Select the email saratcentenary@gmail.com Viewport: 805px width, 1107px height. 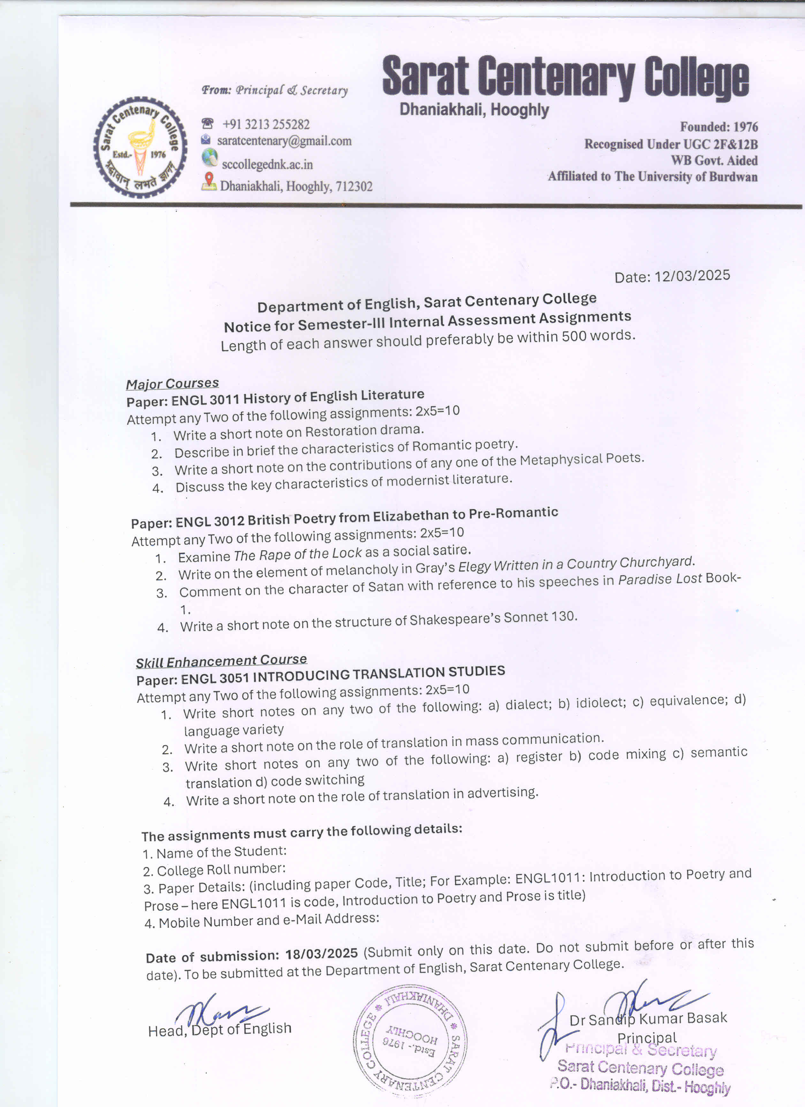[x=284, y=141]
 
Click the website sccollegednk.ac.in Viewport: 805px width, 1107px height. [x=267, y=165]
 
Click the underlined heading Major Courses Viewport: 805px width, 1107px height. [x=172, y=383]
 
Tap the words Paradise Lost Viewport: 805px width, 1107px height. [x=660, y=579]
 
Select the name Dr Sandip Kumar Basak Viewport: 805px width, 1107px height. [x=648, y=1019]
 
